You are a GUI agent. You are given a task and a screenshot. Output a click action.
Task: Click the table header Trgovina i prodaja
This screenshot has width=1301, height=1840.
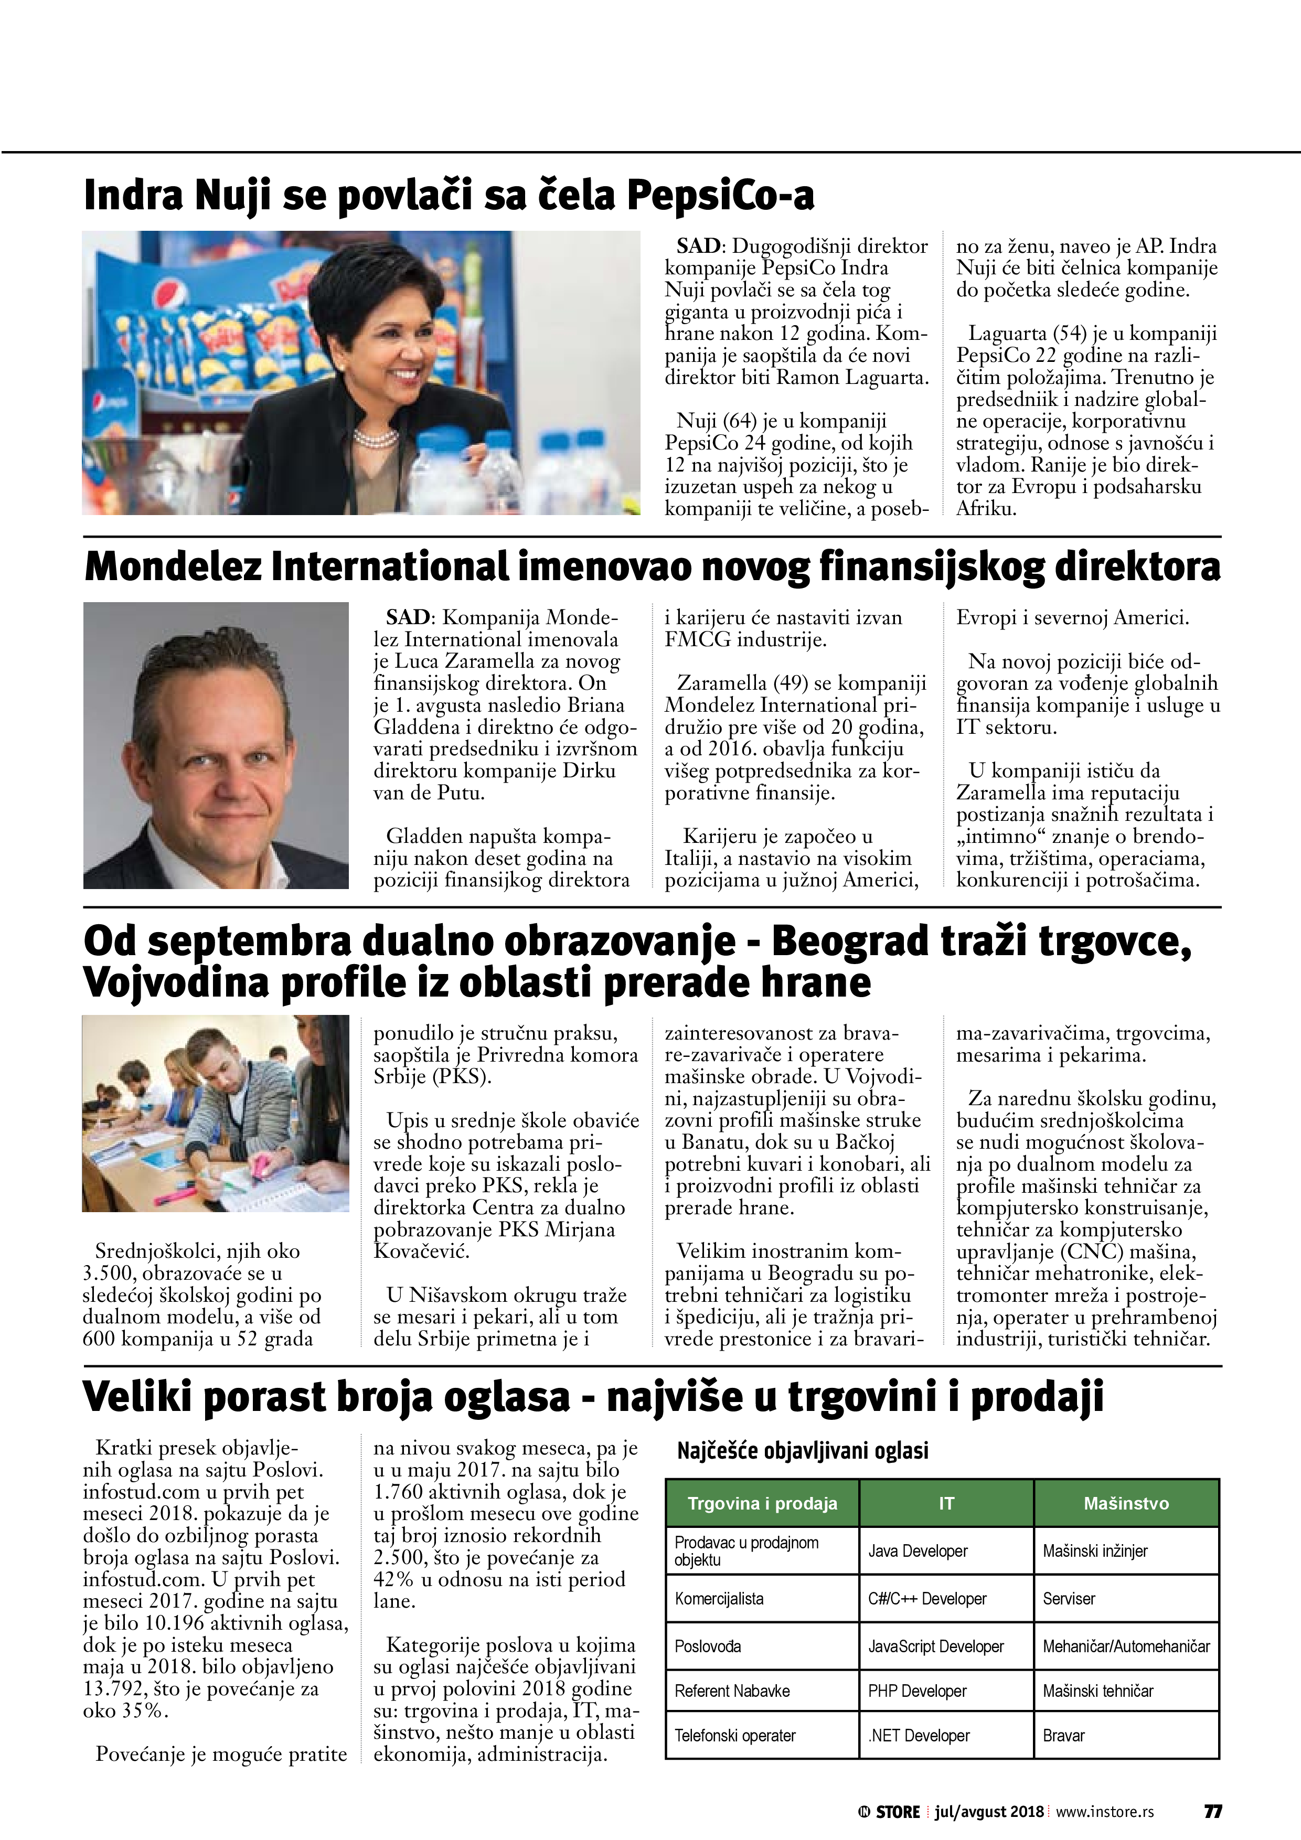pos(762,1503)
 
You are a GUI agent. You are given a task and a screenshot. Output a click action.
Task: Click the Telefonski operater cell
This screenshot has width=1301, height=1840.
pos(734,1735)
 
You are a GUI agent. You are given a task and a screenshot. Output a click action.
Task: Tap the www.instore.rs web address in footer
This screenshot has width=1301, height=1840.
pos(1105,1811)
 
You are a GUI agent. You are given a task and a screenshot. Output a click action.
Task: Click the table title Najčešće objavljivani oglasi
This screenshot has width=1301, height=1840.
pos(803,1450)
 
